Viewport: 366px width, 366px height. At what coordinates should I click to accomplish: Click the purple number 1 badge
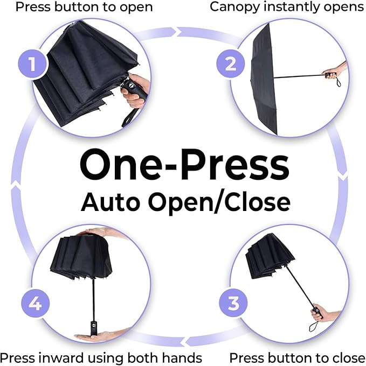click(x=32, y=64)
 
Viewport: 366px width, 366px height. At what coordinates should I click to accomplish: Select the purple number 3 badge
click(x=233, y=303)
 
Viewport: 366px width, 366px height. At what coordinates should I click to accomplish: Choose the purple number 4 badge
click(x=36, y=304)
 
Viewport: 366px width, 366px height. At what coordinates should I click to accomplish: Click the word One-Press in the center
click(x=184, y=165)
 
